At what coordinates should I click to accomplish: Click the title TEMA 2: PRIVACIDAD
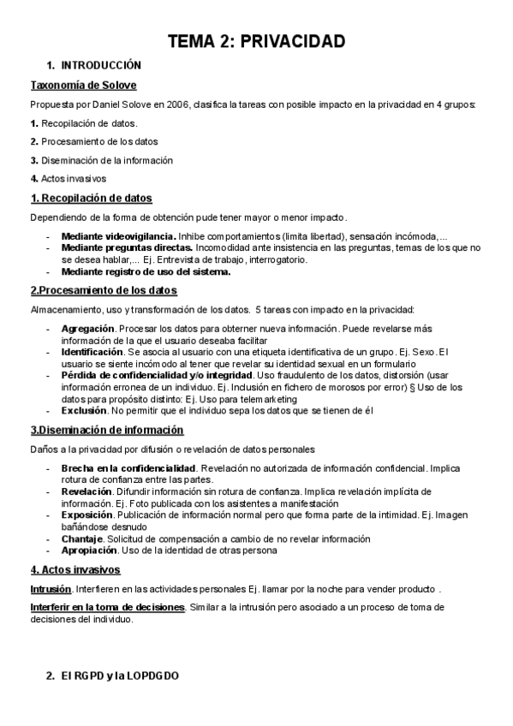click(x=256, y=41)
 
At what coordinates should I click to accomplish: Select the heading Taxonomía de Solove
click(x=83, y=86)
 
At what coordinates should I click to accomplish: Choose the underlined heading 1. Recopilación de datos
click(x=91, y=199)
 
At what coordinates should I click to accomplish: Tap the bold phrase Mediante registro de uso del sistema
click(x=146, y=272)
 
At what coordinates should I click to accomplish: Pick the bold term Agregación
click(x=87, y=328)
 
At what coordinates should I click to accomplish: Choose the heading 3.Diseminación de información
click(x=107, y=430)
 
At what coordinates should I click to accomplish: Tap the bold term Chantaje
click(x=82, y=539)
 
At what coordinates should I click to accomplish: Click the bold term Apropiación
click(x=89, y=550)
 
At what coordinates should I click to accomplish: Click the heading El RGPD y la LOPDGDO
click(x=120, y=676)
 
